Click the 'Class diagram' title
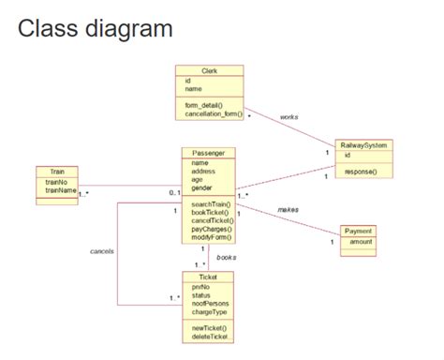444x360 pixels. (x=95, y=28)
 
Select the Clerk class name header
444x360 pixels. (x=209, y=70)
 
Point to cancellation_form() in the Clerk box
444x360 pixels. (x=213, y=113)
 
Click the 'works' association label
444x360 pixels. (x=289, y=117)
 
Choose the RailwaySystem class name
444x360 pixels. (x=364, y=145)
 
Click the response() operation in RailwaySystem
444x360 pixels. (x=360, y=172)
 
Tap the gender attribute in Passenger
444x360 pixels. (x=203, y=187)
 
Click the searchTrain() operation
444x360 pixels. (x=212, y=203)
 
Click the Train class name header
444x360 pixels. (x=57, y=172)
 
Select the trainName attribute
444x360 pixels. (x=61, y=190)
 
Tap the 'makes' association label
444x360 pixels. (x=288, y=209)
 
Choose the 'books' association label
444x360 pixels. (x=227, y=256)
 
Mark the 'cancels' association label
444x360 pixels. (x=101, y=251)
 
